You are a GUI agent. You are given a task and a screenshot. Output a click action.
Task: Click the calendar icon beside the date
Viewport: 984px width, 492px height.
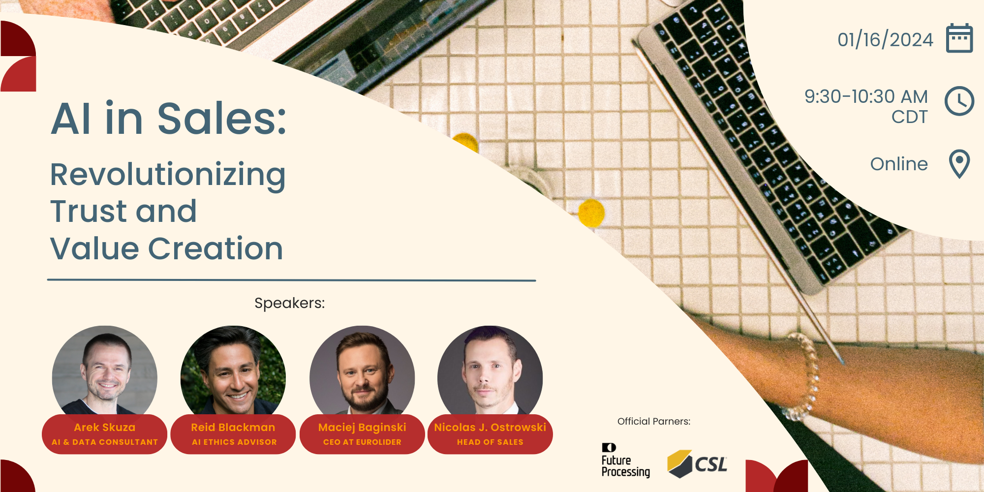(959, 38)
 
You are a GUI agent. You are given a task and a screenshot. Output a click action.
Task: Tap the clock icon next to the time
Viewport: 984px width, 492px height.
(959, 101)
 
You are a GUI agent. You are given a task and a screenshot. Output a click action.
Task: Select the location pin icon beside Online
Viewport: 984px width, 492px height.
(959, 164)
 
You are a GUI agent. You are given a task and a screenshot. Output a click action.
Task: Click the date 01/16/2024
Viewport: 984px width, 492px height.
(885, 39)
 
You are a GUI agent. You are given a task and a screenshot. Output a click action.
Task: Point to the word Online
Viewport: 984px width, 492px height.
(899, 164)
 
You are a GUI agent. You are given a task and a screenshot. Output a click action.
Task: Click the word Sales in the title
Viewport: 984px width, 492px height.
(222, 119)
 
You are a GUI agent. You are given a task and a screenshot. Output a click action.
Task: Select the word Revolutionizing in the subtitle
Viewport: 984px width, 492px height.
(168, 175)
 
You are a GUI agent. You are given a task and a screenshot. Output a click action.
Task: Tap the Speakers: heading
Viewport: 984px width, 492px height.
(289, 303)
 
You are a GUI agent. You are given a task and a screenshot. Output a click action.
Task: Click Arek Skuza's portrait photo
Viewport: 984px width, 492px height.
(105, 371)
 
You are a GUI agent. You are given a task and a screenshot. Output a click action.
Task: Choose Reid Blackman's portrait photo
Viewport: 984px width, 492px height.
(233, 371)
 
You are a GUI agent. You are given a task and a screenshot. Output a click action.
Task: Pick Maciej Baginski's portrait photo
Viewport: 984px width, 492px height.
(362, 371)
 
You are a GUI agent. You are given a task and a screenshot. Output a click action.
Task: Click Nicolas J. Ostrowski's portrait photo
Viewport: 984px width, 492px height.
(490, 371)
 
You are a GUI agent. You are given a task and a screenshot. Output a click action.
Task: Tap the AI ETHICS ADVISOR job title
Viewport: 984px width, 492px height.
(234, 442)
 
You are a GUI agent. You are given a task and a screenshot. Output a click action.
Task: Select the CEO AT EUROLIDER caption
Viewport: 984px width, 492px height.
(362, 442)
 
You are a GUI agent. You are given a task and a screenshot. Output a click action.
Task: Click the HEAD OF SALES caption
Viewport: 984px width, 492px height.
(490, 442)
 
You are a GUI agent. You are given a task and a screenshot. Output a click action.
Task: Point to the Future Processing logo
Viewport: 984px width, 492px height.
(625, 461)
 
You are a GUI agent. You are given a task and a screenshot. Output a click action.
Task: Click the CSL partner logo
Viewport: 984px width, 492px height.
(697, 464)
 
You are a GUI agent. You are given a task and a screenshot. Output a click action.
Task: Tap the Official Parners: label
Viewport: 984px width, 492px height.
(654, 421)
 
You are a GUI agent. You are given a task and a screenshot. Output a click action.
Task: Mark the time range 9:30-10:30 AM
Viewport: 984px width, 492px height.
(866, 96)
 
